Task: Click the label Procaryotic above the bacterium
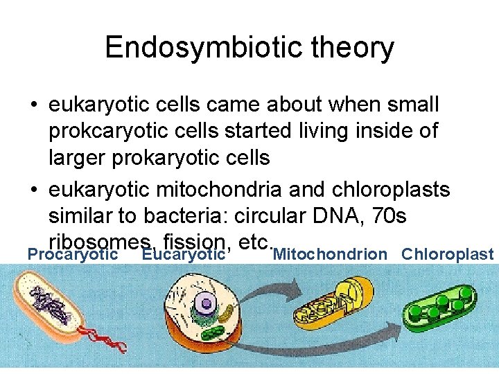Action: (72, 254)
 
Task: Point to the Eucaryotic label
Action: (183, 254)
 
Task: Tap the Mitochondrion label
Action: (331, 254)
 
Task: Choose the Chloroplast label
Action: (447, 254)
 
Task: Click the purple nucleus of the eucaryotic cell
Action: (205, 302)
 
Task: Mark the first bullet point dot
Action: (33, 106)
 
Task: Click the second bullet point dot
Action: (33, 190)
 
